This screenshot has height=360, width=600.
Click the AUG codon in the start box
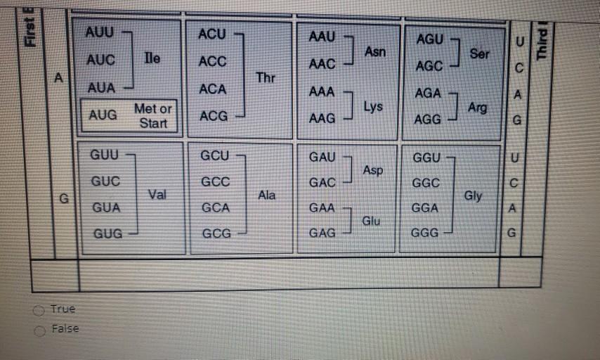[x=103, y=115]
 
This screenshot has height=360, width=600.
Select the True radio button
[x=39, y=311]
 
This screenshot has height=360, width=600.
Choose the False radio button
[x=39, y=331]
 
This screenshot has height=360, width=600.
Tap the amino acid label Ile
[x=152, y=58]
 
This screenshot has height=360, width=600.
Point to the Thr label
[x=266, y=78]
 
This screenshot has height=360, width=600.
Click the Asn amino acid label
[x=375, y=51]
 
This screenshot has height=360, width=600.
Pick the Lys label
[x=373, y=107]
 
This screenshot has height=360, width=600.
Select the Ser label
[x=479, y=53]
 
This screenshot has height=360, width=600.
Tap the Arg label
[x=477, y=108]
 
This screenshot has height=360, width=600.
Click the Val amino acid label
[x=157, y=195]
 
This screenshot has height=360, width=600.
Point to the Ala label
[x=266, y=195]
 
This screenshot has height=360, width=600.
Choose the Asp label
[x=372, y=170]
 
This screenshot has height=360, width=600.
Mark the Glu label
[x=371, y=221]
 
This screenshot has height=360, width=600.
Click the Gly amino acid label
[x=473, y=196]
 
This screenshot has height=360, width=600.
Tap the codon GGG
[x=424, y=233]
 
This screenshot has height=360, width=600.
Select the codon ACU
[x=212, y=34]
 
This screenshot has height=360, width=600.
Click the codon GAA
[x=322, y=207]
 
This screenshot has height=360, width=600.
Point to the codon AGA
[x=428, y=93]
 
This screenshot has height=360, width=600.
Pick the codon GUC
[x=105, y=181]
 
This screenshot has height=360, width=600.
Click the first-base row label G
[x=64, y=198]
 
